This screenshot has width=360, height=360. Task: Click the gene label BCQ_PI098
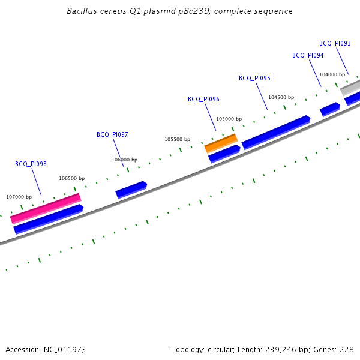[x=31, y=164]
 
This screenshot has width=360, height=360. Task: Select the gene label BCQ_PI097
[x=112, y=135]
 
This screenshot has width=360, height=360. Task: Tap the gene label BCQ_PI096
[x=203, y=100]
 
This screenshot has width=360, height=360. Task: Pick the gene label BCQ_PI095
[x=254, y=79]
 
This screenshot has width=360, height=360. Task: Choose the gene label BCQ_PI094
[x=308, y=56]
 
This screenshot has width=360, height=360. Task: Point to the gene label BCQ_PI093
[x=335, y=44]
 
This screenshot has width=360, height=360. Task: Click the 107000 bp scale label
[x=19, y=197]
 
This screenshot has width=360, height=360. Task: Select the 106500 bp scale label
[x=71, y=178]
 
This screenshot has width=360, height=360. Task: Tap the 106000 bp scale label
[x=124, y=160]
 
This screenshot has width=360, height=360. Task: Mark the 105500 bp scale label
[x=177, y=139]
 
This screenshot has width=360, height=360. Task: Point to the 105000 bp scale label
[x=229, y=119]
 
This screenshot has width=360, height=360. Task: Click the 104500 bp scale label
[x=281, y=97]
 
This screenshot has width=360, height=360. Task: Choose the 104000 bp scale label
[x=332, y=74]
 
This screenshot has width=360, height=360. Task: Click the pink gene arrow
[x=46, y=208]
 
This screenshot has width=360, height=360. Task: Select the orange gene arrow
[x=221, y=143]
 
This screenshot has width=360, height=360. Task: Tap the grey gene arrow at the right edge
[x=350, y=88]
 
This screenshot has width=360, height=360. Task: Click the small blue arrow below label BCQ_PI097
[x=131, y=189]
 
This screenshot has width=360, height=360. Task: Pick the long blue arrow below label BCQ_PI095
[x=275, y=132]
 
